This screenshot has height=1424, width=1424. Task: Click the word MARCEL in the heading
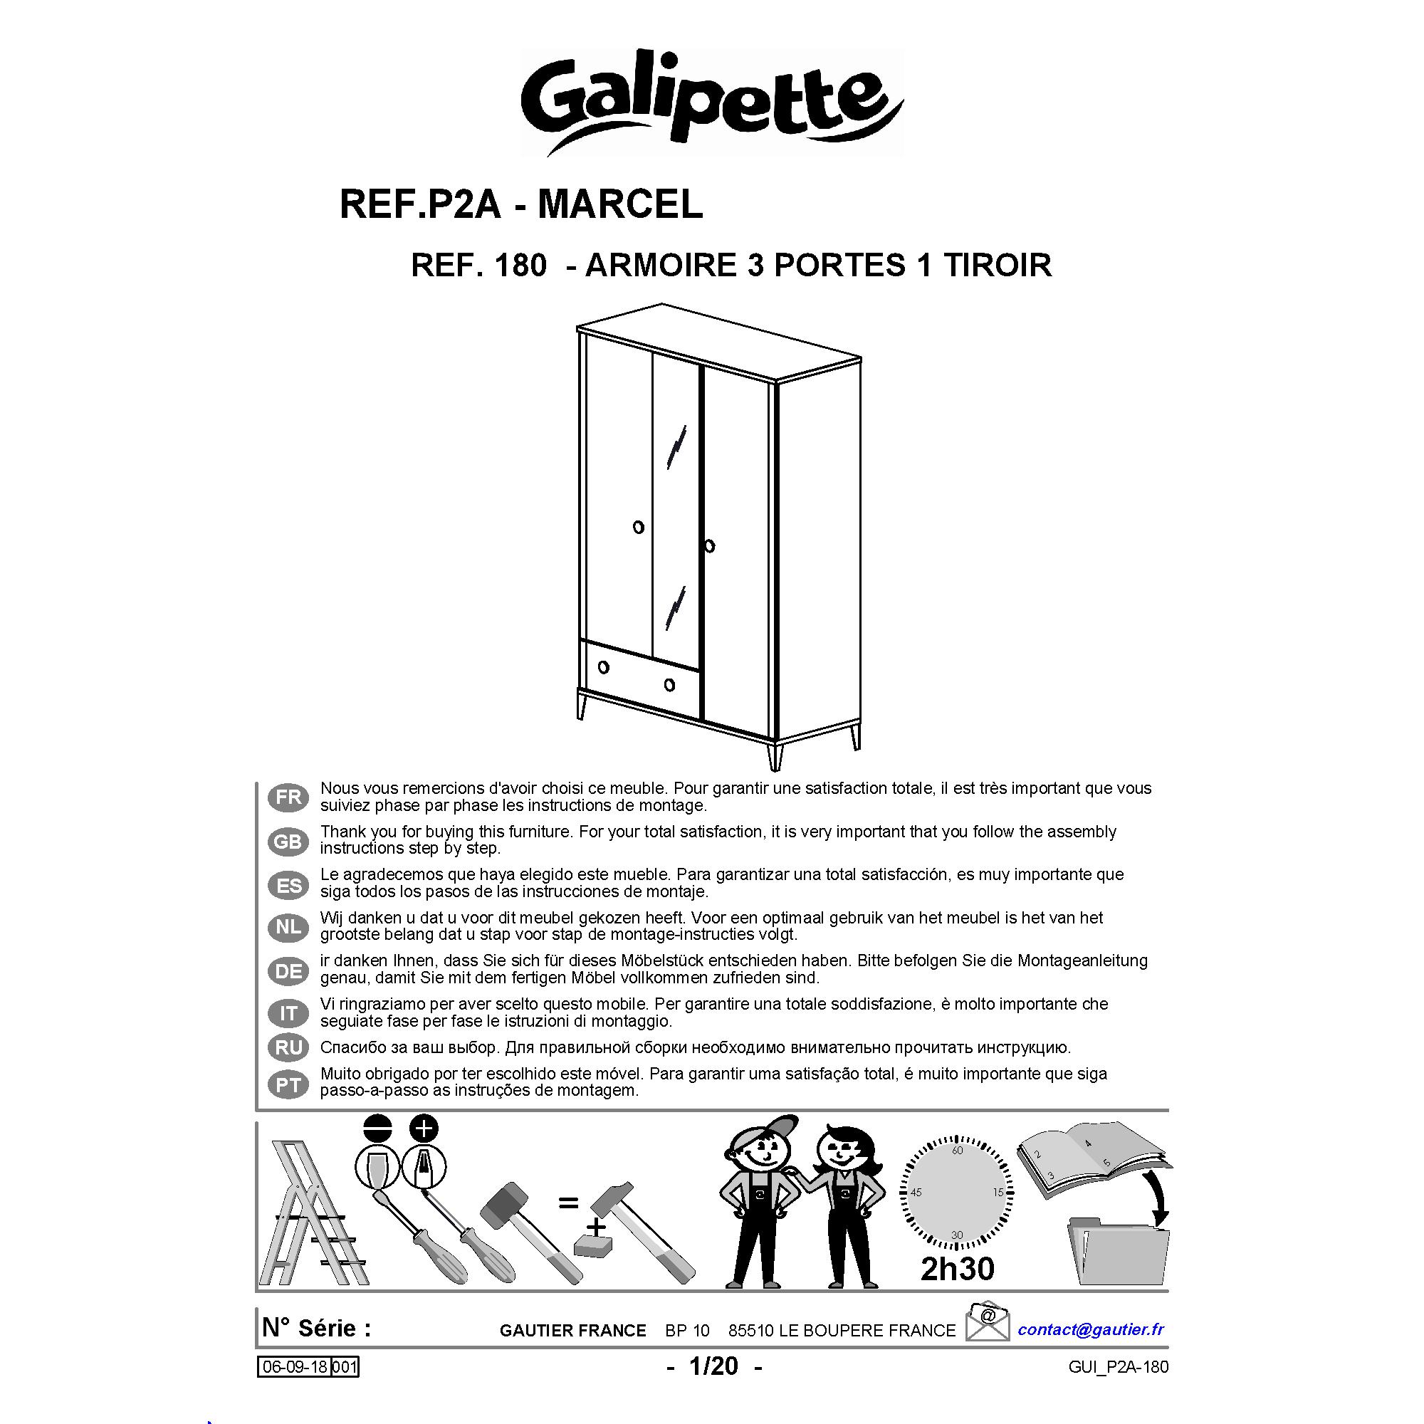[x=621, y=204]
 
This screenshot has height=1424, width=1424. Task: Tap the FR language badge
[x=288, y=797]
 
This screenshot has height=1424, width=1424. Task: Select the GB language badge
[x=288, y=841]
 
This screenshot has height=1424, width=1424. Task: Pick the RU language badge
[x=288, y=1047]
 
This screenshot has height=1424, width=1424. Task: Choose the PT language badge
[x=288, y=1085]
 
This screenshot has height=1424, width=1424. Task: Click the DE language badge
[x=288, y=971]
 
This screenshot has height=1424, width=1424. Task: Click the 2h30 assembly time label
[x=958, y=1268]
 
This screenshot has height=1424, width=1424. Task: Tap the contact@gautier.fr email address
[x=1091, y=1329]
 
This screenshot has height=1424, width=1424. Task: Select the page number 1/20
[x=713, y=1366]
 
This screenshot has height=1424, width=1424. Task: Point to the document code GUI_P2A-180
[x=1117, y=1367]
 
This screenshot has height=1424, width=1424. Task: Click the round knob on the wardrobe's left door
[x=638, y=527]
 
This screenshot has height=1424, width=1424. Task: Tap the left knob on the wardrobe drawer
[x=604, y=667]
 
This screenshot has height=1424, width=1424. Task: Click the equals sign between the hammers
[x=567, y=1203]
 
